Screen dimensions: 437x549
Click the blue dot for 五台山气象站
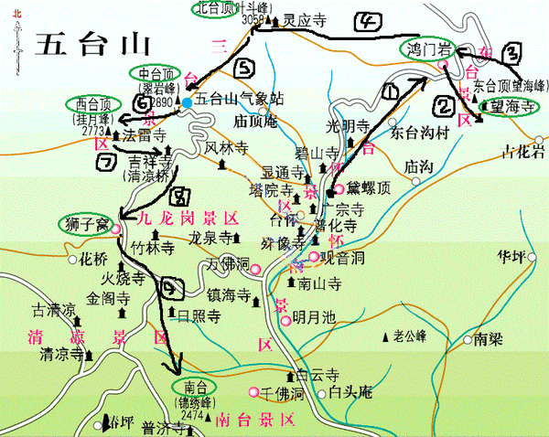188,102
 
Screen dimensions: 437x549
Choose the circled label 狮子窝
88,222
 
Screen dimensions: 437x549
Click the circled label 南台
193,387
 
